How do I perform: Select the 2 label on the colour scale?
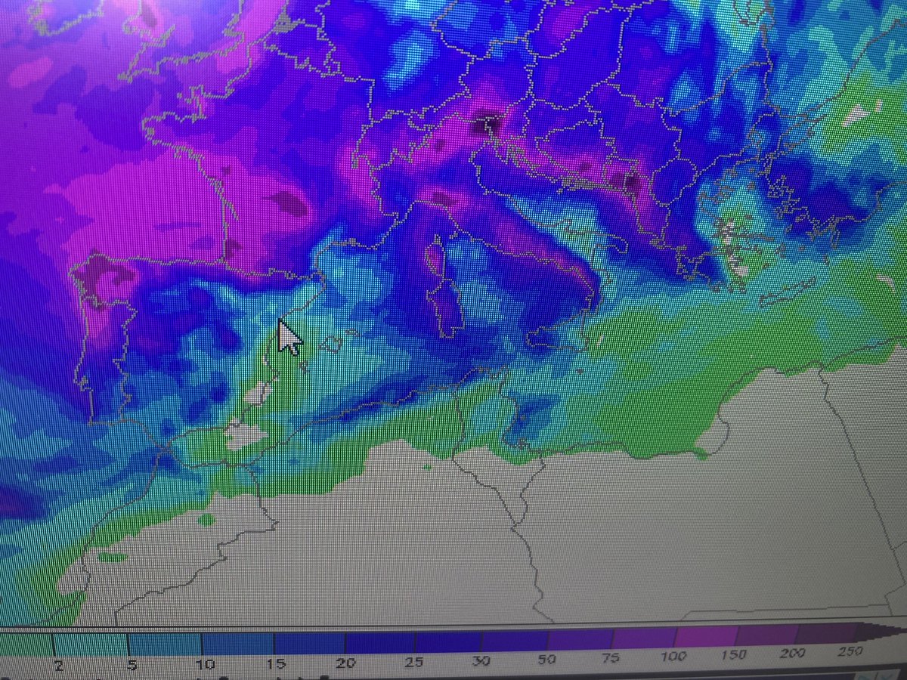pos(57,663)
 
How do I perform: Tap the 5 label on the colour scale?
pos(132,664)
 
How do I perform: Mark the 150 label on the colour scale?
pos(735,654)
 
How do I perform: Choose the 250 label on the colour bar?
pos(850,651)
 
